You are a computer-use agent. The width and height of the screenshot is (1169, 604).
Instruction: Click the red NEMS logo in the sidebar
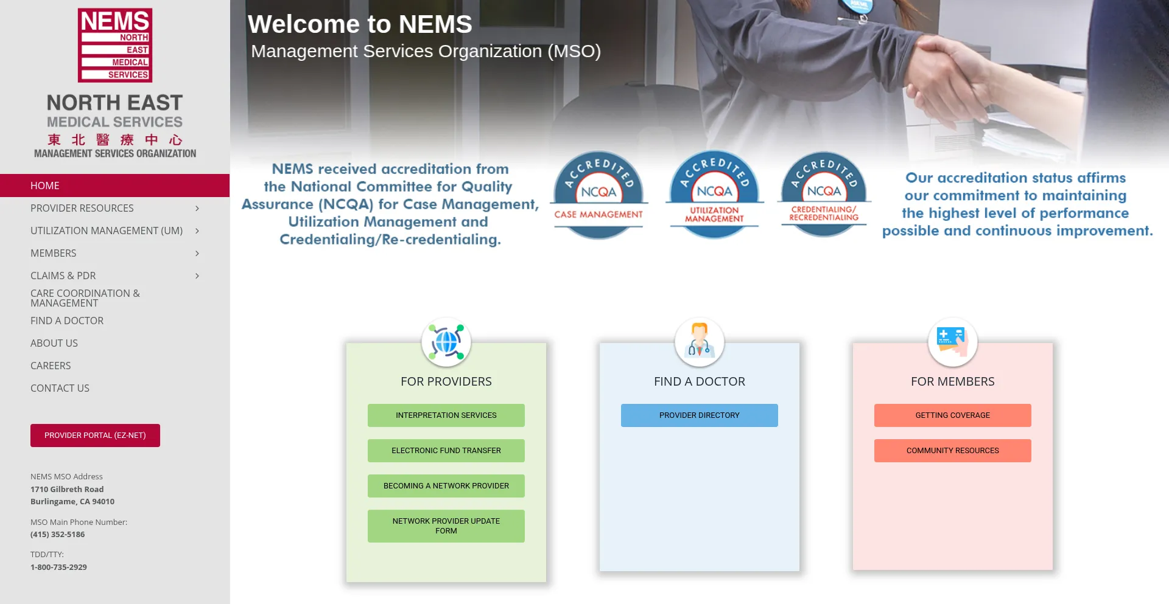[x=115, y=46]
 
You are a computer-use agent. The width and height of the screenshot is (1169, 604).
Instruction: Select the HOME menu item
[x=45, y=186]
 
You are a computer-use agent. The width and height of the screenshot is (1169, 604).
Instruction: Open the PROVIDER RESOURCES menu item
[x=82, y=208]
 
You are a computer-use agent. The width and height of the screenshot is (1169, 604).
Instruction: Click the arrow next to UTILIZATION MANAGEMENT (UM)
[x=197, y=231]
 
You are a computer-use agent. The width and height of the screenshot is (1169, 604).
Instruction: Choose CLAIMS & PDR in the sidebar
[x=63, y=276]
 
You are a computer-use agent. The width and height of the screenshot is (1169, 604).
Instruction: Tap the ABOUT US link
[x=54, y=343]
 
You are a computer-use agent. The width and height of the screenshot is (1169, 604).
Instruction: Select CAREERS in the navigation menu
[x=51, y=366]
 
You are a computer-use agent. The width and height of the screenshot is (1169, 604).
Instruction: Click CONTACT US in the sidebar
[x=60, y=388]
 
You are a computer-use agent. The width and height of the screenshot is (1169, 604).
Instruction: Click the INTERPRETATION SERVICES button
[x=446, y=415]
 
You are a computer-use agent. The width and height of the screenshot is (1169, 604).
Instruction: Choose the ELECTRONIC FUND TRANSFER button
[x=446, y=451]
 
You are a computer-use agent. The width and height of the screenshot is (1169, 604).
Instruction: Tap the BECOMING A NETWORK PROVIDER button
[x=446, y=486]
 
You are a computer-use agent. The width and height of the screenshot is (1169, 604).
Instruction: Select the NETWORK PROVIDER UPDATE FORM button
[x=446, y=526]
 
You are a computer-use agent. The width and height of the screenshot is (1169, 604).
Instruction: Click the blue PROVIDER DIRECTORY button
[x=700, y=415]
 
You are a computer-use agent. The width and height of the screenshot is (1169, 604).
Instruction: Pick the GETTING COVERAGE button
[x=953, y=415]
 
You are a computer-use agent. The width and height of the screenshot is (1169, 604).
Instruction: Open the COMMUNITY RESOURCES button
[x=953, y=451]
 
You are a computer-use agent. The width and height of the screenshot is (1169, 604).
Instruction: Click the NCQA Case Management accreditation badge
[x=599, y=195]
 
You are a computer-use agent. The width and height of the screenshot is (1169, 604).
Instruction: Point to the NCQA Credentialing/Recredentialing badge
[x=824, y=195]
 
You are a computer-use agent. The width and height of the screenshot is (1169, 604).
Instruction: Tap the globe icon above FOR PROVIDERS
[x=446, y=342]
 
